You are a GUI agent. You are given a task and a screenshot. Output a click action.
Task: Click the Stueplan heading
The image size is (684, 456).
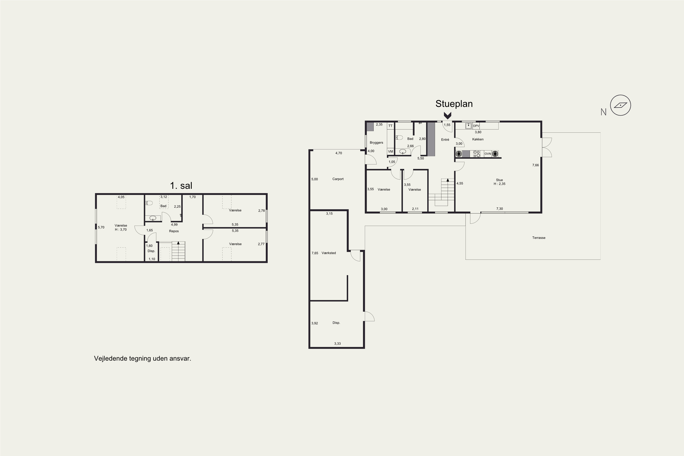[x=454, y=104]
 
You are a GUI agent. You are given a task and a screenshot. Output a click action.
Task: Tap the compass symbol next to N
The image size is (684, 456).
[x=620, y=105]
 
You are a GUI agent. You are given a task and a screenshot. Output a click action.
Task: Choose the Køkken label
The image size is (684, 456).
[x=478, y=139]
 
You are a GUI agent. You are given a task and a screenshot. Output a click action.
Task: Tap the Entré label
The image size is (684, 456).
[x=445, y=140]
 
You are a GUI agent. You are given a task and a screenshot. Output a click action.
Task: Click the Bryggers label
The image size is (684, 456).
[x=376, y=143]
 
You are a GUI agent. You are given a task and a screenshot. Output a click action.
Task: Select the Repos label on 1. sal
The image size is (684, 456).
[x=174, y=231]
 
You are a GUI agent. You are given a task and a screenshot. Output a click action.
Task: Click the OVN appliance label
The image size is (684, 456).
[x=488, y=154]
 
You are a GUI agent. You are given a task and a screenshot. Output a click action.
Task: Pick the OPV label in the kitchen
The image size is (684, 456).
[x=476, y=126]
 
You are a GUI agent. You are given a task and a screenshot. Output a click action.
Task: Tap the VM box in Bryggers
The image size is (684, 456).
[x=391, y=152]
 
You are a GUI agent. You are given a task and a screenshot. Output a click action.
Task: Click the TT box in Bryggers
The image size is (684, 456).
[x=391, y=126]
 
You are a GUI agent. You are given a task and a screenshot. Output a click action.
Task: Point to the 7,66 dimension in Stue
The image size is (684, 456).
[x=535, y=165]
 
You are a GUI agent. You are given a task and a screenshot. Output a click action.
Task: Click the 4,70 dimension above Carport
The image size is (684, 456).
[x=339, y=153]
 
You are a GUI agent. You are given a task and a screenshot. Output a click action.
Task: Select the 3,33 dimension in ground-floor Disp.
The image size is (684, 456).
[x=337, y=344]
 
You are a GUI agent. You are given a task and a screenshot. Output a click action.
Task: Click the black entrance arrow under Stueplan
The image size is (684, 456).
[x=447, y=116]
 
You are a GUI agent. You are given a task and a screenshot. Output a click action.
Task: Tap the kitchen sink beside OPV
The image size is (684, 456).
[x=469, y=126]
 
